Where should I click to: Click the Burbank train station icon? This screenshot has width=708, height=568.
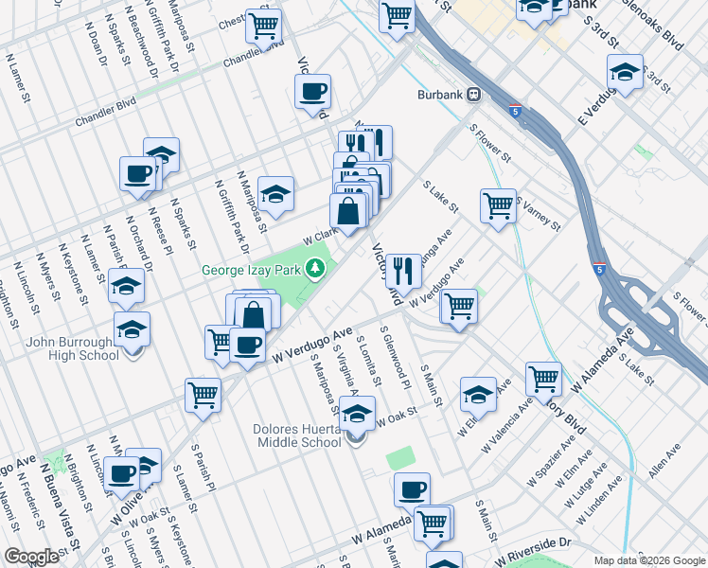pos(472,96)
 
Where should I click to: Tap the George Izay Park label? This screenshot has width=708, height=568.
pos(251,270)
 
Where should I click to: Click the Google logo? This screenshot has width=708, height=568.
pos(31,557)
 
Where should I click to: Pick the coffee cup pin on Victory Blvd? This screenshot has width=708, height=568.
pos(312,93)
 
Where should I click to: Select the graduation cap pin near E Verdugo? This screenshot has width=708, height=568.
pos(625,72)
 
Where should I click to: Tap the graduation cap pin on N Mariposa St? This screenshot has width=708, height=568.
pos(274,195)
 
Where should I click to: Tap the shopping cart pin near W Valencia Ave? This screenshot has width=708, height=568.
pos(543,379)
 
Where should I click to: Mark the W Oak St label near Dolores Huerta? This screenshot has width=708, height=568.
pos(397,417)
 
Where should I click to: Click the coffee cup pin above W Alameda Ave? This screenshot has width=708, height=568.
pos(412,489)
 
